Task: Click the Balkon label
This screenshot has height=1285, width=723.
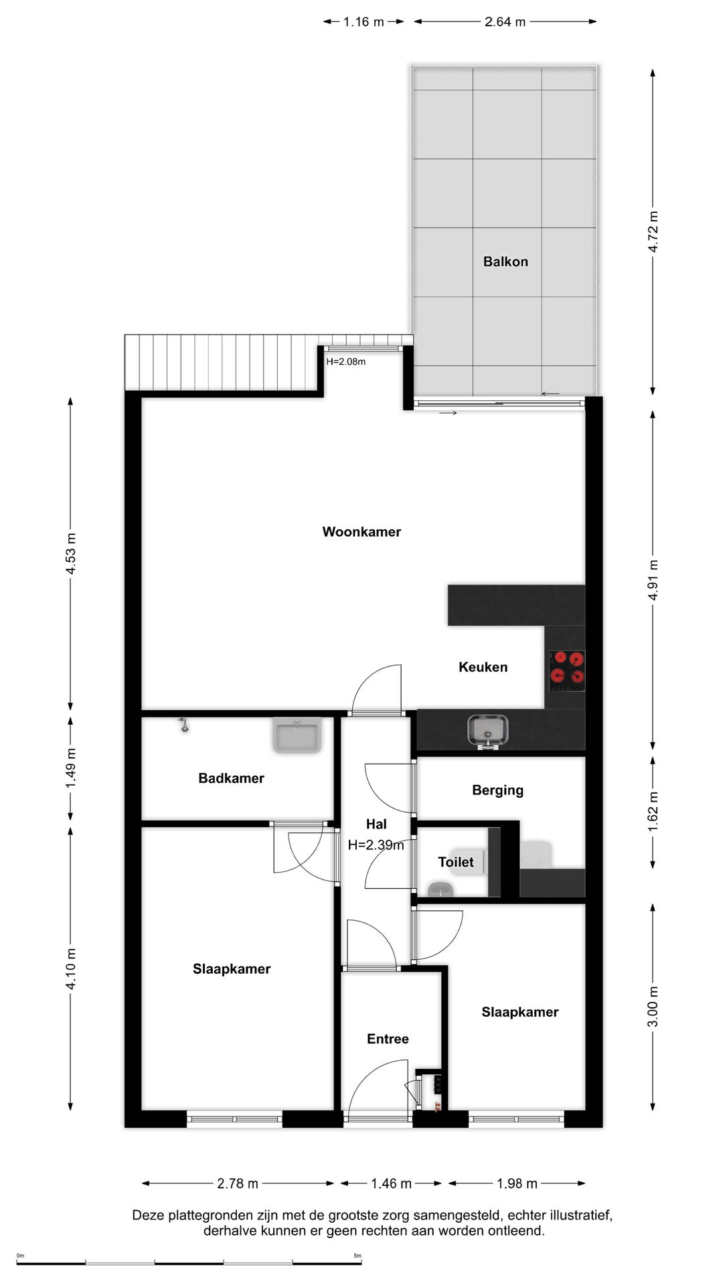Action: point(505,262)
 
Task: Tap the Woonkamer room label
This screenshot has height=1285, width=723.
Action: point(361,532)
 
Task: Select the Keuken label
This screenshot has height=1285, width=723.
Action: point(483,667)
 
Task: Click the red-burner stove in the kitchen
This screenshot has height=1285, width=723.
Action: point(567,671)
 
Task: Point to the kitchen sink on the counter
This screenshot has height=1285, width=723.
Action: point(487,731)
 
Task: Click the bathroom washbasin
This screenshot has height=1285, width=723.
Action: point(297,735)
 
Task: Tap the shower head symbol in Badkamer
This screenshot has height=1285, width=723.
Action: point(183,724)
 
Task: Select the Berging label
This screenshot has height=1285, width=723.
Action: point(497,790)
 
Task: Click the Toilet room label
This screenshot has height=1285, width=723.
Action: point(455,863)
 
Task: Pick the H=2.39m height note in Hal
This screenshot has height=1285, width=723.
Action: point(376,845)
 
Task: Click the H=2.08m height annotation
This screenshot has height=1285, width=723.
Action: point(345,362)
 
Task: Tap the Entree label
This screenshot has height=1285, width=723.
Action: point(388,1039)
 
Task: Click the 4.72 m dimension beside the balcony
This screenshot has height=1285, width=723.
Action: point(653,232)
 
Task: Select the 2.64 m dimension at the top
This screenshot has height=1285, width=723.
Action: point(505,22)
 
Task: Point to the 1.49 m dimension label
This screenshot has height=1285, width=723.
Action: point(71,768)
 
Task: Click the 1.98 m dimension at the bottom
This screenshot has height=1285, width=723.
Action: point(517,1184)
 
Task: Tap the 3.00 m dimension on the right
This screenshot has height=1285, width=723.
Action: point(653,1007)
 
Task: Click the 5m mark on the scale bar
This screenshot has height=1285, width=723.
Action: point(357,1256)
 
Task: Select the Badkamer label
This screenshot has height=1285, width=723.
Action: point(231,778)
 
